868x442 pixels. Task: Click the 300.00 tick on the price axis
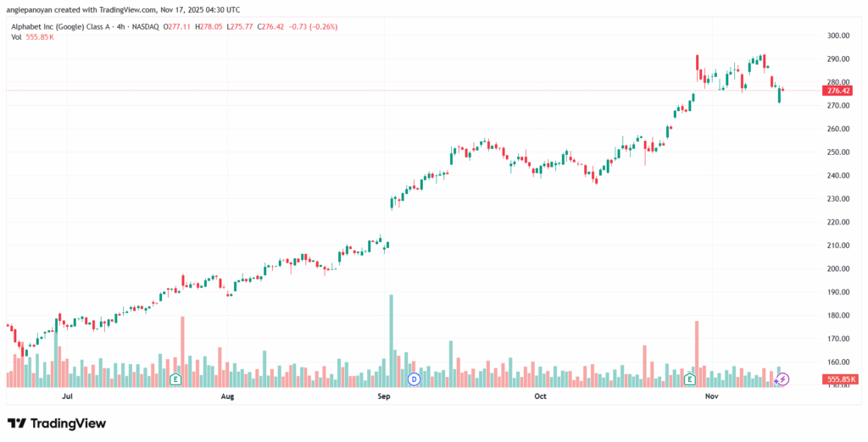pyautogui.click(x=838, y=36)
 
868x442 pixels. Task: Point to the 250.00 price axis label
pyautogui.click(x=838, y=152)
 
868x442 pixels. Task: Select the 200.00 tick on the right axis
pyautogui.click(x=838, y=268)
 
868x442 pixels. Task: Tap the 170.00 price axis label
pyautogui.click(x=838, y=339)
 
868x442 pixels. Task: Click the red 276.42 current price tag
pyautogui.click(x=838, y=91)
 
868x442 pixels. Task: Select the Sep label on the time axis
pyautogui.click(x=383, y=395)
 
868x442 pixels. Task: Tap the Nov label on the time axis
pyautogui.click(x=712, y=395)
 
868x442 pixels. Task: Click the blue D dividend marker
pyautogui.click(x=415, y=378)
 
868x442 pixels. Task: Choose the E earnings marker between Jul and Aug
pyautogui.click(x=175, y=378)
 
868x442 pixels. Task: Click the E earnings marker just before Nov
pyautogui.click(x=691, y=378)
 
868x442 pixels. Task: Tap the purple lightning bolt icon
pyautogui.click(x=783, y=378)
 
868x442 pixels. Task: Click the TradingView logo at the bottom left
pyautogui.click(x=57, y=423)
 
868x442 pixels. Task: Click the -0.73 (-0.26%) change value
pyautogui.click(x=314, y=26)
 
